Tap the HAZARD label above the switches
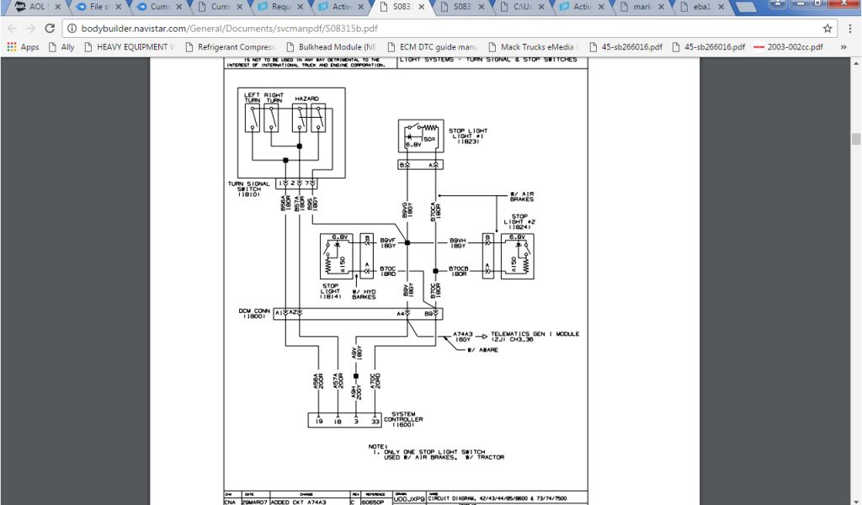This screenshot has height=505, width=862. [306, 99]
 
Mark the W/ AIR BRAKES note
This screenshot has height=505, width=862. [522, 196]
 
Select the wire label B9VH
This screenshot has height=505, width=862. [458, 242]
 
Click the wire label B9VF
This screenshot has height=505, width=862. [388, 242]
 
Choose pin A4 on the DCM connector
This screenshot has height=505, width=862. [402, 313]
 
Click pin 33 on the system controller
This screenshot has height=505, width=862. [375, 418]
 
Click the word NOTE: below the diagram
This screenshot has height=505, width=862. [378, 446]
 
